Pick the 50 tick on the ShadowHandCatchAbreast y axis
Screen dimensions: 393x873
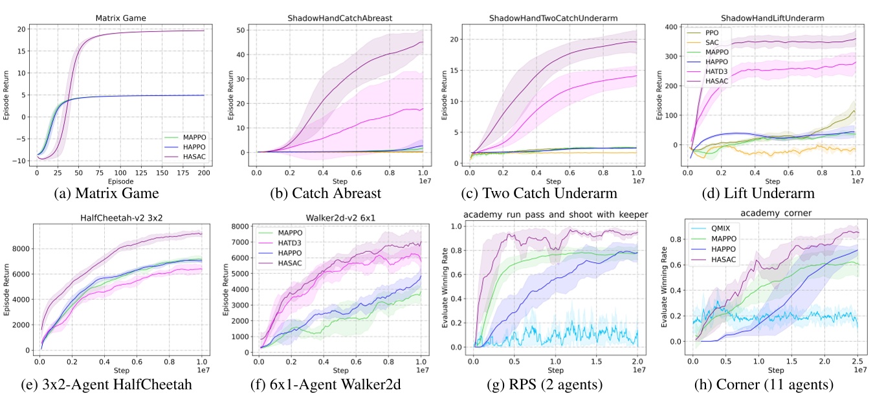click(241, 30)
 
